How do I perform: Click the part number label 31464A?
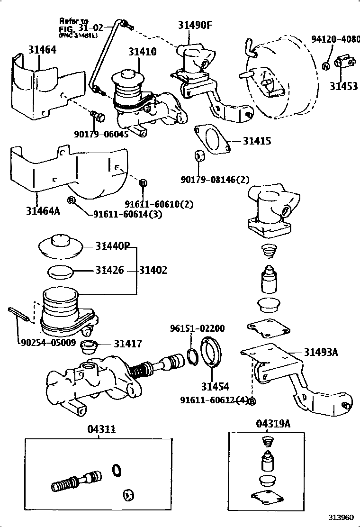click(43, 209)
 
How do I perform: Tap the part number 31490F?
click(195, 25)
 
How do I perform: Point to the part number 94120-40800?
click(335, 39)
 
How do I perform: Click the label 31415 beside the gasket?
click(257, 141)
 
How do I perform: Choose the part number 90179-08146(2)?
click(215, 180)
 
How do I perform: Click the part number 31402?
click(153, 270)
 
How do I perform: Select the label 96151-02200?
click(198, 328)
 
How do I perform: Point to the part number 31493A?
click(321, 352)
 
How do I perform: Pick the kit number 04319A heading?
click(273, 424)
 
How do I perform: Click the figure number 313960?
click(342, 517)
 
